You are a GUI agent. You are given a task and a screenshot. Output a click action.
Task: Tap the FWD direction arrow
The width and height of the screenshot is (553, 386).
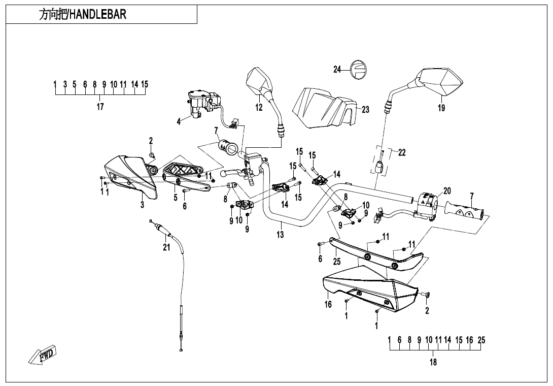(x=43, y=354)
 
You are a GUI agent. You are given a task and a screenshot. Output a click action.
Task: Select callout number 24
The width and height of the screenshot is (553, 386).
(x=337, y=70)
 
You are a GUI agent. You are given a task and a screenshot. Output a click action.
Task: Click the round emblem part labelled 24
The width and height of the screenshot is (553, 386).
(x=359, y=69)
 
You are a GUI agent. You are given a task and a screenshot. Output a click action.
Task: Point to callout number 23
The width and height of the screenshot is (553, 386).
(x=365, y=110)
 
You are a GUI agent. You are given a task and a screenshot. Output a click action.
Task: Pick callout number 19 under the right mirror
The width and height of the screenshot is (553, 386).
(x=441, y=108)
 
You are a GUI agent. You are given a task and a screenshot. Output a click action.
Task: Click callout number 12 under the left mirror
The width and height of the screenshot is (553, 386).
(x=259, y=107)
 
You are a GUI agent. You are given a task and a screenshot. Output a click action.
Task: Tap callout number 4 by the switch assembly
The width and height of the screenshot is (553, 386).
(x=179, y=122)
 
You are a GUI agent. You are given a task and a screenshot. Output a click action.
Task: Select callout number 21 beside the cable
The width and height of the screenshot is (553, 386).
(x=166, y=247)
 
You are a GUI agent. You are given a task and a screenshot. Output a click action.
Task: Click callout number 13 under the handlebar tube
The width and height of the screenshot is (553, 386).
(x=281, y=235)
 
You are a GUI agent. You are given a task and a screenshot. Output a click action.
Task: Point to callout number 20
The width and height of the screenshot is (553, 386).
(x=446, y=191)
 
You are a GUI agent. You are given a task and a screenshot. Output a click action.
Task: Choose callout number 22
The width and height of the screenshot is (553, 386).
(x=402, y=152)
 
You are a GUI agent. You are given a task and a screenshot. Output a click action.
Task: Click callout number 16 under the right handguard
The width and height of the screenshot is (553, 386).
(x=328, y=304)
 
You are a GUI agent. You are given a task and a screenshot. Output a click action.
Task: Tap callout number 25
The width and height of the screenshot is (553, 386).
(x=337, y=262)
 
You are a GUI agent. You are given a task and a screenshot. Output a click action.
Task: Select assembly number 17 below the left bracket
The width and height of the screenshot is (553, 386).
(x=100, y=107)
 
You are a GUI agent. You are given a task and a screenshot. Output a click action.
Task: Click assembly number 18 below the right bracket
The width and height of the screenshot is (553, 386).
(x=433, y=362)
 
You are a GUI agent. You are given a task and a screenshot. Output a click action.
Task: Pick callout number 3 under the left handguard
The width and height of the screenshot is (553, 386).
(x=142, y=205)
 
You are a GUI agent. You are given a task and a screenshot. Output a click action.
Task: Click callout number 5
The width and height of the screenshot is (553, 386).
(x=176, y=198)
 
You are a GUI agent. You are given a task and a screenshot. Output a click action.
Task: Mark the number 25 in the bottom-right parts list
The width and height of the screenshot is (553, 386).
(x=481, y=340)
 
